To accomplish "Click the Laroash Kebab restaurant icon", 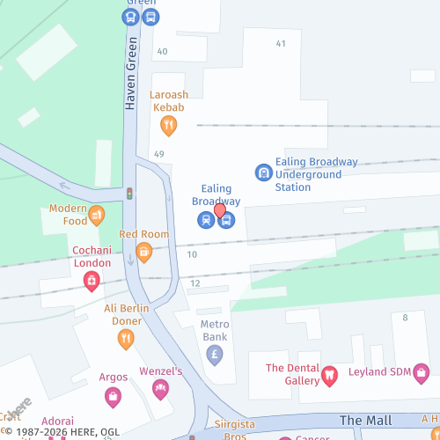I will tap(168, 126).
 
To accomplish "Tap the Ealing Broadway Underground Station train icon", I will tap(263, 172).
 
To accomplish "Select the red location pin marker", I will tap(220, 211).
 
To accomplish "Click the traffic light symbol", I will tap(129, 193).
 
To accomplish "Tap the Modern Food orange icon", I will tap(97, 213).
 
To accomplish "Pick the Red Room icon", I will tap(143, 253).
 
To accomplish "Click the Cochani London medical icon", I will tap(92, 281).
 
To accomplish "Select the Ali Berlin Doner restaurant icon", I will tap(126, 338).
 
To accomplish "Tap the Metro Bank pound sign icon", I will tap(215, 355).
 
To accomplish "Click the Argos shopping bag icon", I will tap(113, 398).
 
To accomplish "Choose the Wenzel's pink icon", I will tap(160, 388).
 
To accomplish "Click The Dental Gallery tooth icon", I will tap(330, 375).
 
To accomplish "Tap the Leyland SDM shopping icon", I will tap(422, 373).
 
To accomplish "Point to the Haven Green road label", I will tap(130, 74).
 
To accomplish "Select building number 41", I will tap(281, 43).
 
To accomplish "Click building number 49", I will tap(159, 154).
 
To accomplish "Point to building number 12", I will tap(195, 283).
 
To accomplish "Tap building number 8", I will tap(405, 317).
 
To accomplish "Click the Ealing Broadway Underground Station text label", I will tap(317, 174).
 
